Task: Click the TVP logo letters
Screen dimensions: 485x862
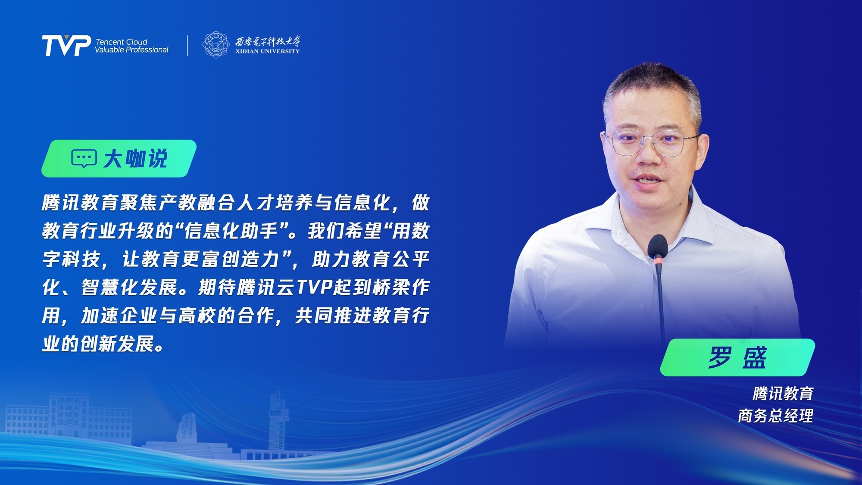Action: click(66, 45)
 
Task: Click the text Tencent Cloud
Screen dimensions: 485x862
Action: click(121, 42)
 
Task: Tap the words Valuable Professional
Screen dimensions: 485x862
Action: click(131, 50)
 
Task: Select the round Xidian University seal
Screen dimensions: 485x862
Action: click(216, 44)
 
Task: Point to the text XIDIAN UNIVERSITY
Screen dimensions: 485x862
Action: click(267, 51)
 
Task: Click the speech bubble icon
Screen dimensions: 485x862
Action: click(84, 159)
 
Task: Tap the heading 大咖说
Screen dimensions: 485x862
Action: click(135, 159)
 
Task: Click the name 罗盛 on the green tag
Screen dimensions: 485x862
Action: click(737, 357)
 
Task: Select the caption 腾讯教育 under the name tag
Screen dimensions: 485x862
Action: click(783, 394)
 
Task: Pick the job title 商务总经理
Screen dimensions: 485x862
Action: click(775, 416)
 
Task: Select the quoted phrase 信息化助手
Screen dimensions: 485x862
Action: click(231, 231)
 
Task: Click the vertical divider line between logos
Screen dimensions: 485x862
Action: click(187, 45)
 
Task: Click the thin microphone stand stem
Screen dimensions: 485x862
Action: click(661, 302)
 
